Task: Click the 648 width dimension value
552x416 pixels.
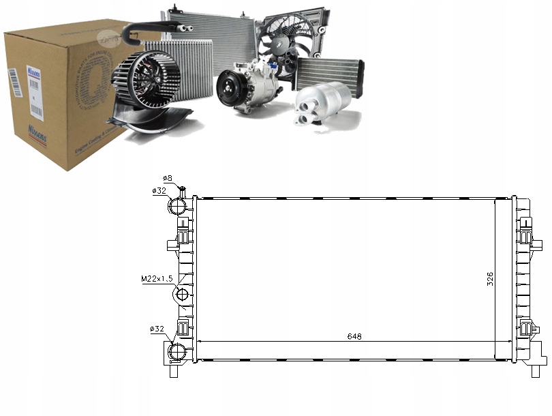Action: (x=353, y=336)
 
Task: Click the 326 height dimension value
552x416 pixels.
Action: (x=490, y=280)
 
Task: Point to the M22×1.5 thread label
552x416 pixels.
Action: (x=156, y=278)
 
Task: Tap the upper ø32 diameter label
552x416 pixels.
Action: (x=160, y=191)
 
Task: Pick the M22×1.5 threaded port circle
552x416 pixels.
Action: (x=183, y=295)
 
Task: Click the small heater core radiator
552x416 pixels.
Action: (x=329, y=72)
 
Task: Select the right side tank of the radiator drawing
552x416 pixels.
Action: (x=523, y=280)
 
